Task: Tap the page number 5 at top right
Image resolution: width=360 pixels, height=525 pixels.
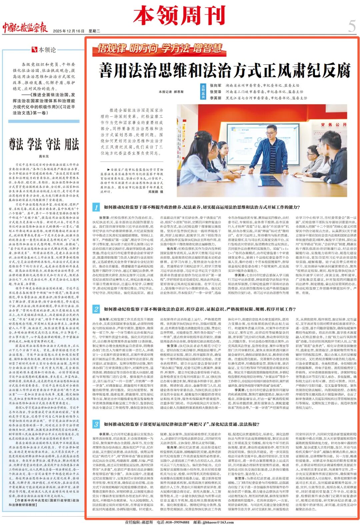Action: [352, 25]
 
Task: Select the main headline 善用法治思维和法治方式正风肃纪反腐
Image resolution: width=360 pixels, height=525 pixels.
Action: [225, 70]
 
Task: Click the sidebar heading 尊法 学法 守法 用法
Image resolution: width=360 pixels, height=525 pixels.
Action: [44, 145]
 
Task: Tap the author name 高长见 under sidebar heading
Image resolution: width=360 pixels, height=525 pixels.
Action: [44, 156]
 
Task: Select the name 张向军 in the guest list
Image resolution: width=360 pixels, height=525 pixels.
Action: [216, 86]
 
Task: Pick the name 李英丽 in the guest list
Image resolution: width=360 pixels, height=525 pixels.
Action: [216, 98]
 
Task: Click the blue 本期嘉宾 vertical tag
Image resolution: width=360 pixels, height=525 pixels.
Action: [203, 92]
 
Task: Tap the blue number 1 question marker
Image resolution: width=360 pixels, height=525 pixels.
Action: [96, 207]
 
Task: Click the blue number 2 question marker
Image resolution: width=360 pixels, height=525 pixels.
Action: [96, 309]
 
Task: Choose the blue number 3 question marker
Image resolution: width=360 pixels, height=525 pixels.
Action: [96, 424]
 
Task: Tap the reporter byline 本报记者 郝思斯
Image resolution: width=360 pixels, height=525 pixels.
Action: [171, 92]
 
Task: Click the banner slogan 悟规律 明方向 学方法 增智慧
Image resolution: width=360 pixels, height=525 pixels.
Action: [160, 49]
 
